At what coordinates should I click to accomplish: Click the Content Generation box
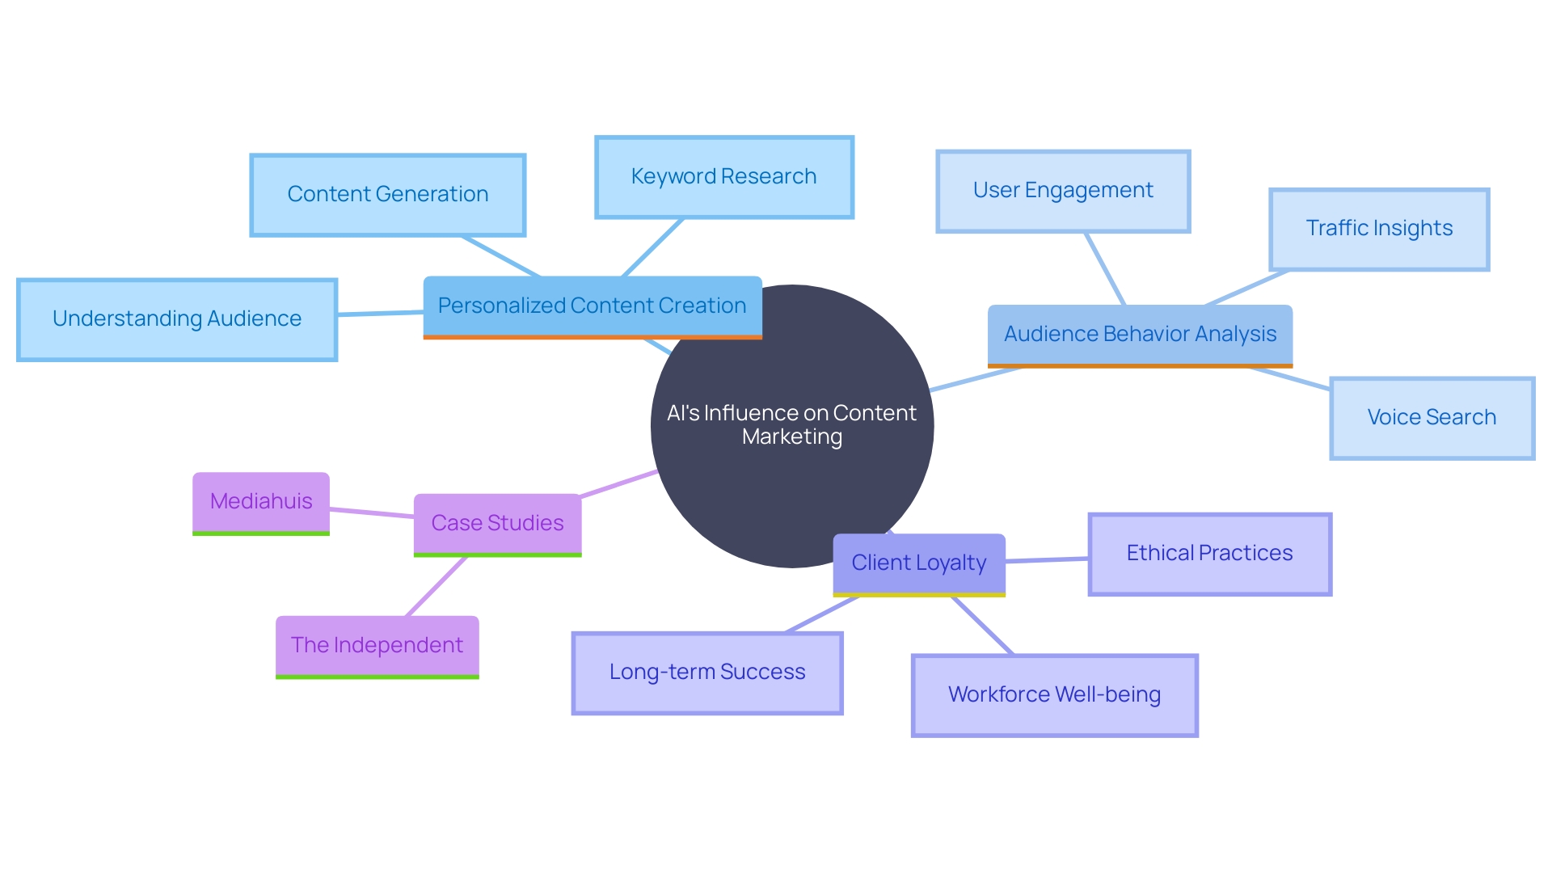pyautogui.click(x=388, y=195)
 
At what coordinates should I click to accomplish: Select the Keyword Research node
pyautogui.click(x=724, y=177)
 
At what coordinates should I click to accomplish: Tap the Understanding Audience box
pyautogui.click(x=177, y=319)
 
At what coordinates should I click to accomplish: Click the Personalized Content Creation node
pyautogui.click(x=592, y=306)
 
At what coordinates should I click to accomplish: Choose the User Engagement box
pyautogui.click(x=1063, y=191)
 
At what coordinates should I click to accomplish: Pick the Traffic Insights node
pyautogui.click(x=1379, y=229)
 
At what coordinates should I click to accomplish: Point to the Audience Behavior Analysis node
pyautogui.click(x=1140, y=335)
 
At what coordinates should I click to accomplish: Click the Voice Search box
pyautogui.click(x=1432, y=418)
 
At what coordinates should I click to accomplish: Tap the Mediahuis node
pyautogui.click(x=261, y=502)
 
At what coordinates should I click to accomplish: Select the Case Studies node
pyautogui.click(x=497, y=524)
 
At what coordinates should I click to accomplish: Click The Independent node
pyautogui.click(x=377, y=646)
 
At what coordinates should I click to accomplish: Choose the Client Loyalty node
pyautogui.click(x=919, y=563)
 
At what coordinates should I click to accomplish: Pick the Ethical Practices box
pyautogui.click(x=1209, y=554)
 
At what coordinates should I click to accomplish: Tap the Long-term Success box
pyautogui.click(x=707, y=673)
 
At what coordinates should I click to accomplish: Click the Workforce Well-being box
pyautogui.click(x=1054, y=695)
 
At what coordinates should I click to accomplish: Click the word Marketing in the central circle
pyautogui.click(x=791, y=437)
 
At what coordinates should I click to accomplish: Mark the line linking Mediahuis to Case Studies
pyautogui.click(x=372, y=512)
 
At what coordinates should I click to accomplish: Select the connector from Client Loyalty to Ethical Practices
pyautogui.click(x=1048, y=559)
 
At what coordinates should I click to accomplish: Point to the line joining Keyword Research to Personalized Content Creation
pyautogui.click(x=652, y=247)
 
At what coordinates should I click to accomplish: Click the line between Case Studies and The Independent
pyautogui.click(x=436, y=586)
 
